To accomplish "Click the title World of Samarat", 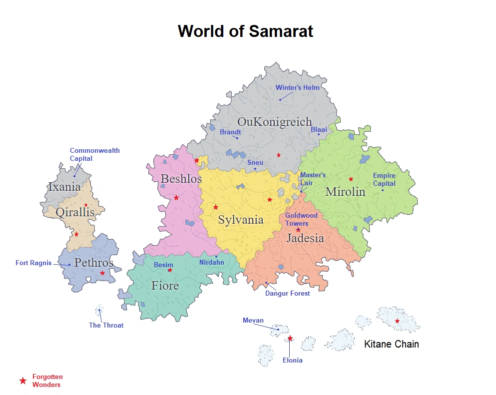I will (245, 31).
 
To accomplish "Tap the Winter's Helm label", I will (297, 88).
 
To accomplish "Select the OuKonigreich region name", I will (274, 122).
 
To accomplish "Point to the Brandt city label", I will (230, 132).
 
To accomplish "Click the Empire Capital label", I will (384, 179).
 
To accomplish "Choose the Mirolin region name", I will (345, 192).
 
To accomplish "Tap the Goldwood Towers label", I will (301, 219).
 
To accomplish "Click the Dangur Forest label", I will (287, 293).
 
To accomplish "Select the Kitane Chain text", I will (391, 344).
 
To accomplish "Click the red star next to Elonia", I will (290, 339).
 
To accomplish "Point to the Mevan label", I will (253, 321).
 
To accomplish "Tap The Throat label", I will (106, 325).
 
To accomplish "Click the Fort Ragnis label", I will (33, 263).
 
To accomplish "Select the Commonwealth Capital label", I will (94, 154).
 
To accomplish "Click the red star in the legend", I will (22, 381).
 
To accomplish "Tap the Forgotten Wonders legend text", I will (47, 381).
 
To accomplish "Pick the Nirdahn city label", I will (211, 262).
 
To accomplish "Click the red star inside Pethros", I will (102, 273).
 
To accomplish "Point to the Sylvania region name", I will (240, 220).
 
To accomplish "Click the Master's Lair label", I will (313, 179).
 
